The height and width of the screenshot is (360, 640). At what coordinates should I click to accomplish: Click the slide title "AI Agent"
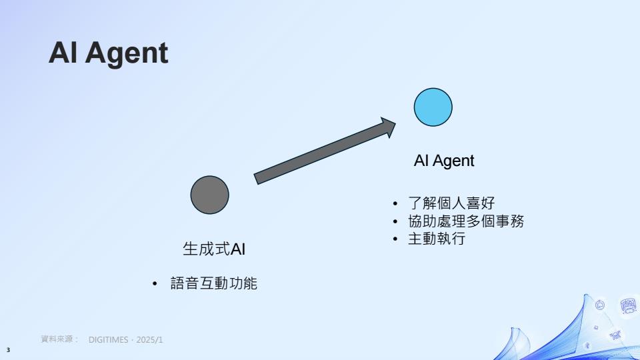[108, 53]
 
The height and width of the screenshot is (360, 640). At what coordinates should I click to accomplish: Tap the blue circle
[433, 107]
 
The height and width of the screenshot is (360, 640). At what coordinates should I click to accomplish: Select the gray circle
[210, 195]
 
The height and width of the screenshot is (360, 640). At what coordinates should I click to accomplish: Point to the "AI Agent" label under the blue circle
[444, 161]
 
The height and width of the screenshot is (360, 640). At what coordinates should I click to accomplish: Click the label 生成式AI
[214, 249]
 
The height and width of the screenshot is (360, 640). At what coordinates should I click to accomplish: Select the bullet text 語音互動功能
[213, 283]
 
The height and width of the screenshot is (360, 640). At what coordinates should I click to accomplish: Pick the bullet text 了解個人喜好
[451, 203]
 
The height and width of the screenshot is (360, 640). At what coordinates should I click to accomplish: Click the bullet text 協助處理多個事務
[466, 221]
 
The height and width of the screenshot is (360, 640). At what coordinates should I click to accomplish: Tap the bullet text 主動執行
[437, 239]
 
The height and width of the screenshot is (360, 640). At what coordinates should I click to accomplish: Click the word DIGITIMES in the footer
[108, 339]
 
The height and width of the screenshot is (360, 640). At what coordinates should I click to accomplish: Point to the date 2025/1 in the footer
[149, 339]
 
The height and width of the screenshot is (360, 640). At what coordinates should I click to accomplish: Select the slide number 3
[8, 350]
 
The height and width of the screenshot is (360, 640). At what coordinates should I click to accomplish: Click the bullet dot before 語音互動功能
[155, 284]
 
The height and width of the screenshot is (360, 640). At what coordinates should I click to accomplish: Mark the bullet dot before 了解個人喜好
[395, 203]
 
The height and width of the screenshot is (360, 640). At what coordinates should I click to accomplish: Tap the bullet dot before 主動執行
[395, 239]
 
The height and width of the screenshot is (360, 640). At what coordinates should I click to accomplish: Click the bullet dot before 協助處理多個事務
[395, 221]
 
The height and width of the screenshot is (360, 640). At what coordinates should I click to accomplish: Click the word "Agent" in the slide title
[127, 54]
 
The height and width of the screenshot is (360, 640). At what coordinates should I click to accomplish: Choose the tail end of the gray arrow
[256, 179]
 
